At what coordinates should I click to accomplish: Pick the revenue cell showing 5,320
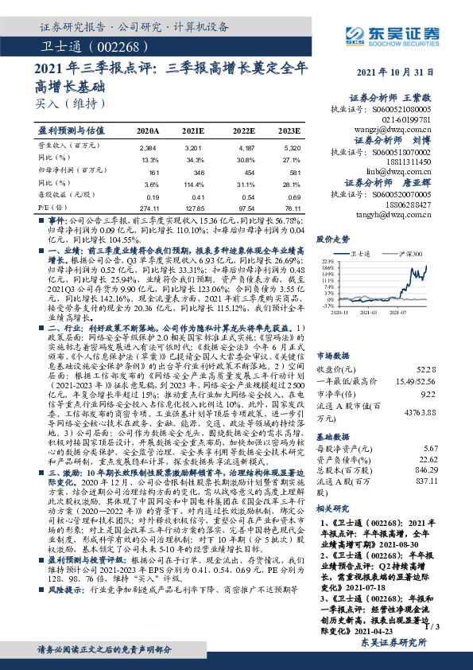point(292,148)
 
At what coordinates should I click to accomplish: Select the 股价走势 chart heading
point(333,238)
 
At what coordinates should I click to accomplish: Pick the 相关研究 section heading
point(333,507)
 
